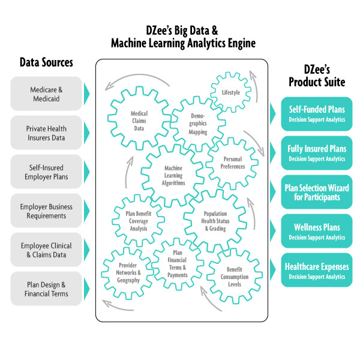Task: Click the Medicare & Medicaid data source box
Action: pyautogui.click(x=46, y=94)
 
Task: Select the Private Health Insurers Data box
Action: pyautogui.click(x=46, y=133)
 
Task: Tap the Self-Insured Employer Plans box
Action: pyautogui.click(x=46, y=172)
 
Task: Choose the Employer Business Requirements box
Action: pyautogui.click(x=46, y=211)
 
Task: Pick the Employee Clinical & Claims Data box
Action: pyautogui.click(x=46, y=250)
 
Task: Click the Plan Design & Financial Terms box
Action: pyautogui.click(x=46, y=289)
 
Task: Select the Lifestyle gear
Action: pyautogui.click(x=231, y=92)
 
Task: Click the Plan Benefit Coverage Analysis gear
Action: pyautogui.click(x=139, y=220)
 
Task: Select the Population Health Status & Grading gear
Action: pyautogui.click(x=215, y=220)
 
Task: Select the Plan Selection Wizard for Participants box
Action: pyautogui.click(x=316, y=193)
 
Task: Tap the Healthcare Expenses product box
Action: pyautogui.click(x=316, y=271)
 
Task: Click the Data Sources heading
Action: pyautogui.click(x=46, y=62)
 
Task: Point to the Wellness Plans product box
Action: pyautogui.click(x=316, y=232)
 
